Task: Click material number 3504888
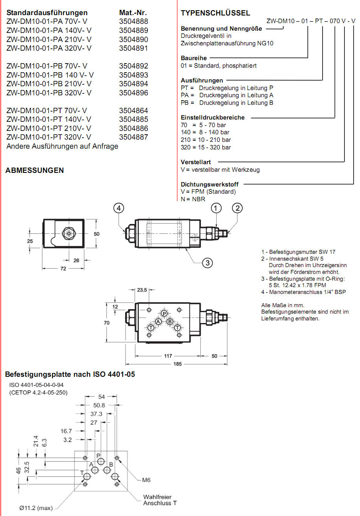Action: tap(133, 22)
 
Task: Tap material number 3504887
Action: tap(133, 137)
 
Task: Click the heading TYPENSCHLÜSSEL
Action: tap(215, 13)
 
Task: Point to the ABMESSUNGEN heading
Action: tap(34, 170)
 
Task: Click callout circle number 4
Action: tap(119, 208)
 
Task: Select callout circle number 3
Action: tap(207, 263)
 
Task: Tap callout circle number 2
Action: tap(237, 208)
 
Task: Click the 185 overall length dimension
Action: tap(177, 364)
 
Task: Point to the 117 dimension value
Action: tap(168, 356)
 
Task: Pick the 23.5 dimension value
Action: tap(142, 290)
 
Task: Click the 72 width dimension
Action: tap(63, 269)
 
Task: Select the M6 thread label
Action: tap(146, 480)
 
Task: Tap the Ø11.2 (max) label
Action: tap(36, 508)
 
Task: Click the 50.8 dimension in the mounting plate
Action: tap(99, 405)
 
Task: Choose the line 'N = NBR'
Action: tap(193, 199)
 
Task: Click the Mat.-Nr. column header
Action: tap(133, 13)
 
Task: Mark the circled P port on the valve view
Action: tap(164, 314)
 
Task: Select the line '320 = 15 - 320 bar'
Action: tap(206, 147)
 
